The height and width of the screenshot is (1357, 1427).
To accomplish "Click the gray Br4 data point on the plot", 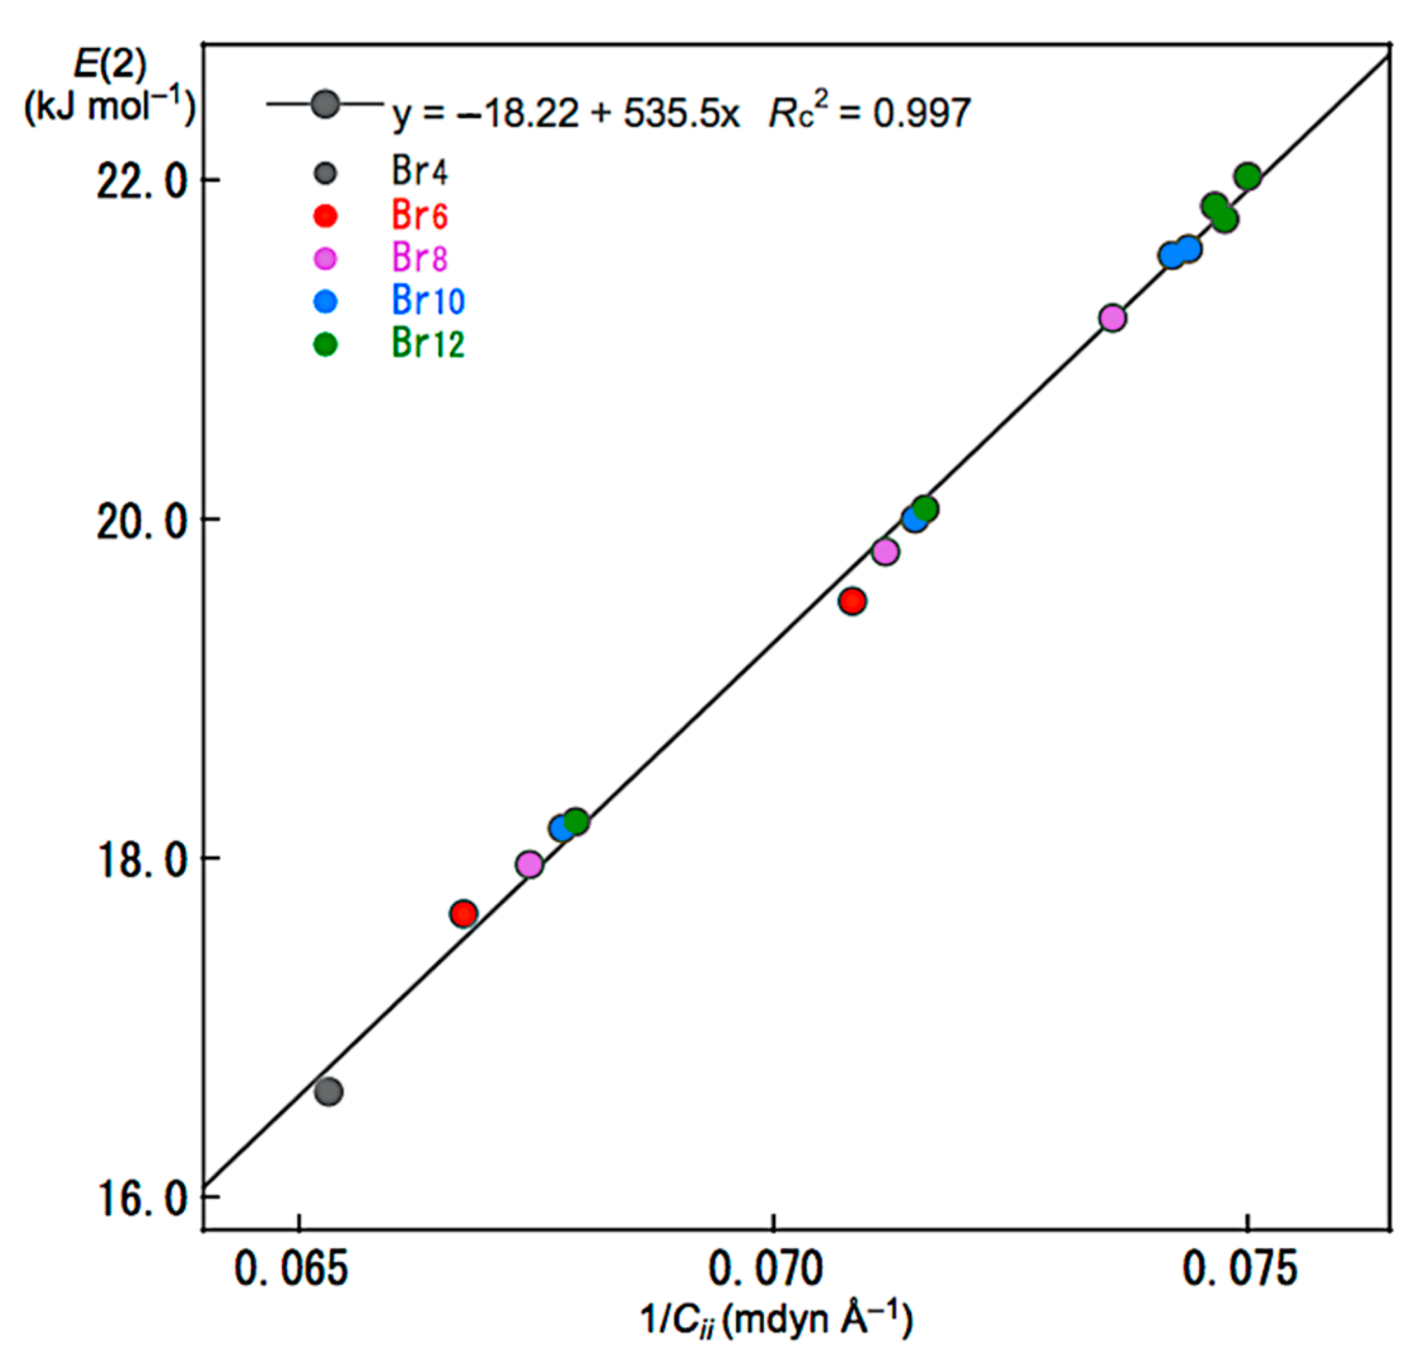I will (x=329, y=1091).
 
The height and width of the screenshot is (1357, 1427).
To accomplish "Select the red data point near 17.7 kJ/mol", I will (x=463, y=913).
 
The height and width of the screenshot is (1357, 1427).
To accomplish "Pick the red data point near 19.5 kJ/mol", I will (x=852, y=601).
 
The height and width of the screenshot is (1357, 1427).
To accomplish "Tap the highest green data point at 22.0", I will (x=1248, y=176).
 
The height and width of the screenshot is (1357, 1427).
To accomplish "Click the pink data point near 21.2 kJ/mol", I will (x=1112, y=318).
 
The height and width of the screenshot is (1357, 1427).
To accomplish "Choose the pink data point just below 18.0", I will (x=530, y=864).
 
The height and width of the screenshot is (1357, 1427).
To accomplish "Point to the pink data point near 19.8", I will (x=885, y=552).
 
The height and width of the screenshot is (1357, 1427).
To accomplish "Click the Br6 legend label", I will (x=420, y=215).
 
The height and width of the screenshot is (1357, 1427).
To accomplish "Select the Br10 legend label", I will (x=428, y=300).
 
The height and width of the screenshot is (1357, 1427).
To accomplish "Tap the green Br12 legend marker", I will (x=326, y=344).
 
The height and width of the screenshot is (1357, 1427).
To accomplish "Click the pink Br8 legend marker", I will (x=326, y=258).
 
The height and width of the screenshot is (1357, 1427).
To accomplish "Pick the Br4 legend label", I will (x=420, y=172).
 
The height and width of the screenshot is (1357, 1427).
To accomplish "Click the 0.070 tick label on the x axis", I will (x=766, y=1270).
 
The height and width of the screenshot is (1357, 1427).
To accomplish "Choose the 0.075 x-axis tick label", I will (x=1239, y=1270).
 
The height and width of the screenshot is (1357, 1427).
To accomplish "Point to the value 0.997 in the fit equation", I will (x=921, y=113).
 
